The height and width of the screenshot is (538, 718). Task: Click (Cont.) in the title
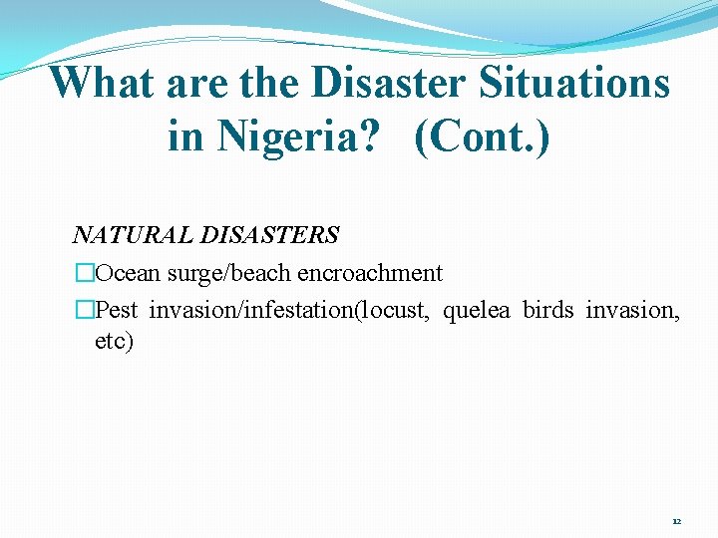click(x=482, y=135)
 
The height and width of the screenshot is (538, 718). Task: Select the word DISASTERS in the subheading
click(x=270, y=236)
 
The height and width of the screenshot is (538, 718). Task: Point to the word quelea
click(x=477, y=310)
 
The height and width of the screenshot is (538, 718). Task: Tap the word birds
click(x=548, y=310)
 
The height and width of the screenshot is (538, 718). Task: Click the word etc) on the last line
click(x=114, y=342)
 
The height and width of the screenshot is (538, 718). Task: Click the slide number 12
click(x=677, y=521)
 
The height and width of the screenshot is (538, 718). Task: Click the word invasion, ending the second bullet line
click(x=633, y=310)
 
